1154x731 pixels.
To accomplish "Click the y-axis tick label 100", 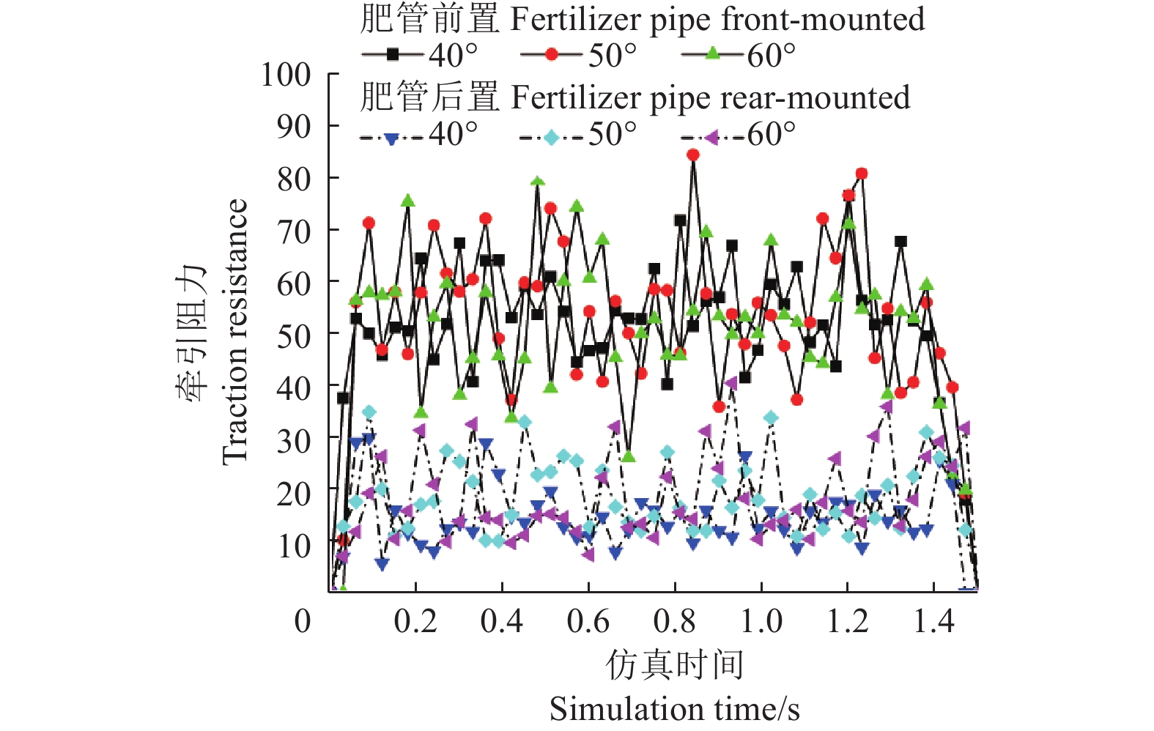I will click(286, 74).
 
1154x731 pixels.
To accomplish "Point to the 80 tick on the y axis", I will click(294, 179).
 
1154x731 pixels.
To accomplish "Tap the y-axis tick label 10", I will click(294, 546).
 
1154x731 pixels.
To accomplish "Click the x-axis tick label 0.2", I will click(415, 621).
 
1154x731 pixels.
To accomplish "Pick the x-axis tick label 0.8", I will click(675, 621).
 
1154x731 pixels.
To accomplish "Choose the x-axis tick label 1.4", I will click(934, 621).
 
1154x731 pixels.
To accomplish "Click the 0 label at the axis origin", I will click(303, 621).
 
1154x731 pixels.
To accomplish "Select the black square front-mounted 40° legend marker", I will click(393, 54).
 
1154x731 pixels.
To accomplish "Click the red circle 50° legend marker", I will click(552, 54).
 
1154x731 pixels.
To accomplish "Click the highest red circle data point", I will click(692, 155).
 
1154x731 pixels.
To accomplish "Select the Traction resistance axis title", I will click(235, 331).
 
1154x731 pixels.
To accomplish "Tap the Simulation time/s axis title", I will click(675, 709).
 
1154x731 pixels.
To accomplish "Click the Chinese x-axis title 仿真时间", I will click(675, 665).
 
